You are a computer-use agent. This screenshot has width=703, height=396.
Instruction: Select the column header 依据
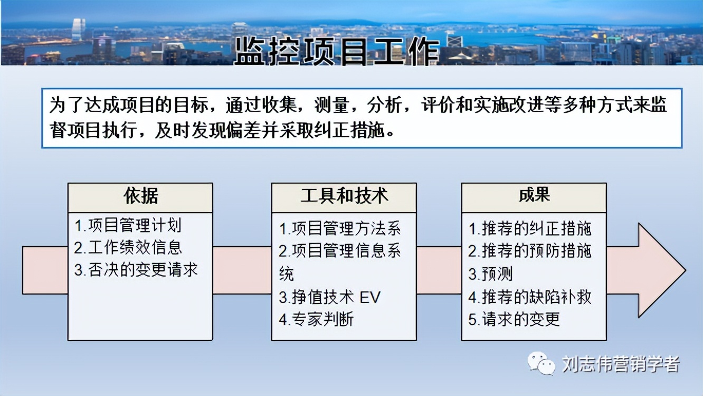[x=140, y=196]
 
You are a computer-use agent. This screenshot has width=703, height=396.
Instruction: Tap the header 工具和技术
[x=344, y=196]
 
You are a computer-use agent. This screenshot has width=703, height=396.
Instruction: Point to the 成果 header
[x=534, y=195]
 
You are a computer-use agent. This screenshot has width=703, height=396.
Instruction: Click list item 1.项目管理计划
[x=128, y=225]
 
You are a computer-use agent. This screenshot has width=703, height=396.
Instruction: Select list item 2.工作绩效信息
[x=128, y=247]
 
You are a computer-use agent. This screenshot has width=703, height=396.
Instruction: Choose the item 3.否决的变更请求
[x=136, y=270]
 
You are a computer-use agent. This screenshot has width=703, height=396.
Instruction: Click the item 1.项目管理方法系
[x=340, y=228]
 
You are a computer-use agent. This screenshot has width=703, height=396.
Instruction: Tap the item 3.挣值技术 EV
[x=329, y=297]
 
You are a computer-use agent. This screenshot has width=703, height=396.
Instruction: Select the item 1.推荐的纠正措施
[x=530, y=228]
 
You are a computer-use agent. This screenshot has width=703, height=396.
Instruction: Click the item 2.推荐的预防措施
[x=530, y=251]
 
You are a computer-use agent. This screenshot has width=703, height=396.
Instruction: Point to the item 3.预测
[x=490, y=274]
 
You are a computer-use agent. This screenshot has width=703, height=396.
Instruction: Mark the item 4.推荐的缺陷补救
[x=530, y=297]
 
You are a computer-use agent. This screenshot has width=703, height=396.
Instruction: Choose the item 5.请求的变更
[x=514, y=319]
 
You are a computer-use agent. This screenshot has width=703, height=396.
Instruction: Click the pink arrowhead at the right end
[x=660, y=270]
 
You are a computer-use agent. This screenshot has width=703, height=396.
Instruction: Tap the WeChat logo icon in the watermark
[x=542, y=363]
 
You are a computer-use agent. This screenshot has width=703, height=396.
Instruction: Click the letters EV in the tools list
[x=369, y=297]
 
